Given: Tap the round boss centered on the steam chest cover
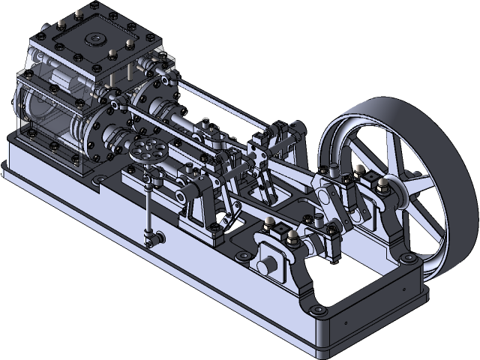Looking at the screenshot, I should (x=95, y=39).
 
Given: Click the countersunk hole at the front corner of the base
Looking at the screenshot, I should (x=316, y=309).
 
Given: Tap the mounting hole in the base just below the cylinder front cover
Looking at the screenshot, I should (x=97, y=180).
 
